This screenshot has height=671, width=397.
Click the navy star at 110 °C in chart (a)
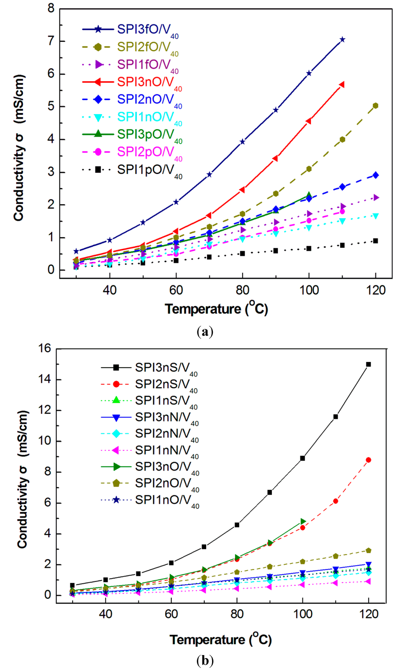click(342, 40)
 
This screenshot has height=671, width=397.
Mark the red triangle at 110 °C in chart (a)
click(342, 85)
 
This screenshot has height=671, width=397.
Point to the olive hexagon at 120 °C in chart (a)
click(375, 106)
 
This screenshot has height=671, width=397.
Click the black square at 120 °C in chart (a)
click(375, 241)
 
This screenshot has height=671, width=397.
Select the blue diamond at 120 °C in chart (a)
click(375, 175)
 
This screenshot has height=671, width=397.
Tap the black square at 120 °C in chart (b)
click(368, 364)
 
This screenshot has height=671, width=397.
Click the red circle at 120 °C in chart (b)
click(368, 460)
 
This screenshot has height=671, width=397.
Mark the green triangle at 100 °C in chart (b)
click(303, 522)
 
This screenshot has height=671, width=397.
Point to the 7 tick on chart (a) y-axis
click(51, 41)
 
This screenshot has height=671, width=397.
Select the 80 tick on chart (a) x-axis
click(243, 290)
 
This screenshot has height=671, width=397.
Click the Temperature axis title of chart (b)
click(220, 640)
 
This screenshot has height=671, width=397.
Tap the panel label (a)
click(205, 332)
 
